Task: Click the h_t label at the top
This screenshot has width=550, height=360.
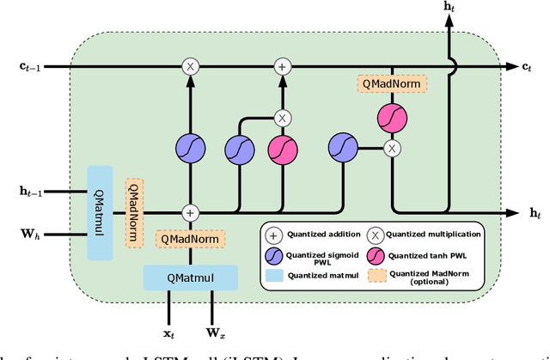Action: coord(449,7)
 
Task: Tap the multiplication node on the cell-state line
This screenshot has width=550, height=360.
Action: coord(191,66)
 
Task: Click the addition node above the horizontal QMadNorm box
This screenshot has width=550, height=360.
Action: coord(191,211)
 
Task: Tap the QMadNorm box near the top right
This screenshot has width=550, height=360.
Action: coord(393,83)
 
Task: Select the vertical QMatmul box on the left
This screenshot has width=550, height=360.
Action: coord(100,211)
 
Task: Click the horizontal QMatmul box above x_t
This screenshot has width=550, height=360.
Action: coord(190,277)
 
